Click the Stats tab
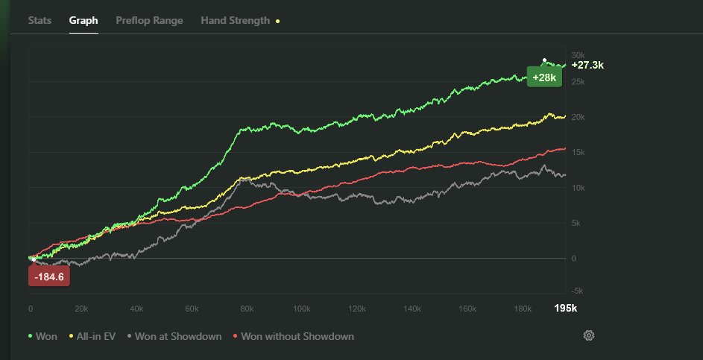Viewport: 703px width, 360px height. tap(40, 20)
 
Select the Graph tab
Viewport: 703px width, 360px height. tap(83, 20)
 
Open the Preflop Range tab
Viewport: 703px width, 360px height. tap(149, 20)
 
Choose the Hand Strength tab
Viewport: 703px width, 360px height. tap(236, 20)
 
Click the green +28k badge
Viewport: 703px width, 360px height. tap(544, 78)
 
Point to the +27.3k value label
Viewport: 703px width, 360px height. tap(587, 66)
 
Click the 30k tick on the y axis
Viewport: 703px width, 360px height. tap(578, 55)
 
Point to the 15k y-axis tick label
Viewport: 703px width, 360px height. tap(578, 152)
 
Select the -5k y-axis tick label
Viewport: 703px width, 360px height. tap(578, 291)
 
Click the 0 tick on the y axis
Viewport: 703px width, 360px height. tap(574, 258)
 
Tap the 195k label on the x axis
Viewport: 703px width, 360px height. tap(565, 309)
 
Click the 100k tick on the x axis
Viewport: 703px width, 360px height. tap(303, 309)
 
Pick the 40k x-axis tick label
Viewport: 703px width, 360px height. tap(137, 309)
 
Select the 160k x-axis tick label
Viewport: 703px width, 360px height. tap(468, 309)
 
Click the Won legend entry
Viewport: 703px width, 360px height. tap(42, 336)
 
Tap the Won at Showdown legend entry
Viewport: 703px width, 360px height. tap(174, 336)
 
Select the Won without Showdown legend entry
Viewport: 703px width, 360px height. tap(294, 336)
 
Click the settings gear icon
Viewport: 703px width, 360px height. tap(589, 336)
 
